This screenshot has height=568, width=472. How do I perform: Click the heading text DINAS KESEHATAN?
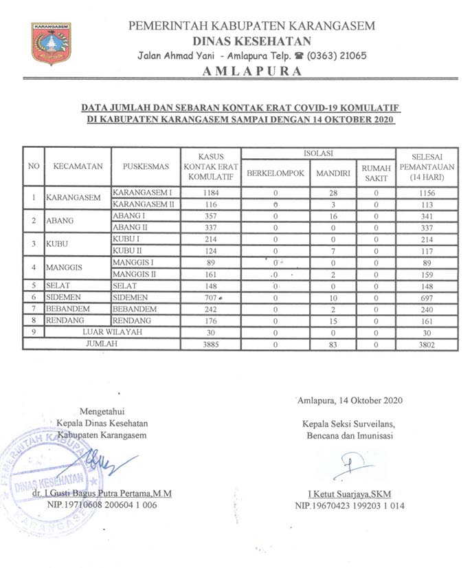[x=251, y=41]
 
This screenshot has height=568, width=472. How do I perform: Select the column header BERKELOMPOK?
[x=275, y=173]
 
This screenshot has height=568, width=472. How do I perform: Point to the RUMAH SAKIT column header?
[x=376, y=173]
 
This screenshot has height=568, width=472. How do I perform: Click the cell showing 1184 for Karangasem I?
[x=211, y=193]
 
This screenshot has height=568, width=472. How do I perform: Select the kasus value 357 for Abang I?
[x=211, y=217]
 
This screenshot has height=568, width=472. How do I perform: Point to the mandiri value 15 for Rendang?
[x=333, y=320]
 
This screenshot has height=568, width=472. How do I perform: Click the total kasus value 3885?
[x=211, y=344]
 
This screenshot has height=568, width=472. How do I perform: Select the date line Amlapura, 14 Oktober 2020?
[x=350, y=400]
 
